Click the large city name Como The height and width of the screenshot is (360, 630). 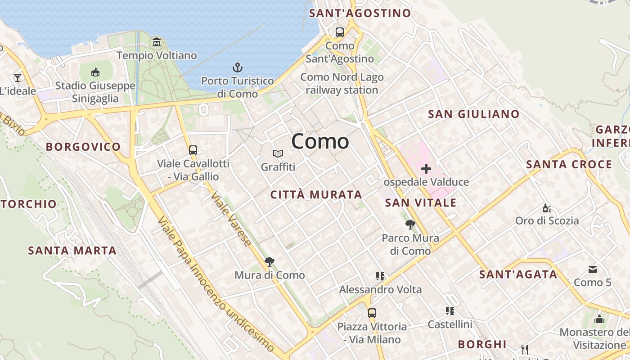pyautogui.click(x=320, y=141)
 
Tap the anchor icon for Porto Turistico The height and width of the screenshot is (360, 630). pyautogui.click(x=238, y=68)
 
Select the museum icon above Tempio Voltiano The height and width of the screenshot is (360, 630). pyautogui.click(x=157, y=42)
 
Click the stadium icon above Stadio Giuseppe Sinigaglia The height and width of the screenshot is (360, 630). pyautogui.click(x=95, y=72)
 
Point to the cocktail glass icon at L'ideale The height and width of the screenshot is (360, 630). pyautogui.click(x=18, y=78)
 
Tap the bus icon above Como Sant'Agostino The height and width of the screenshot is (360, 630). pyautogui.click(x=340, y=32)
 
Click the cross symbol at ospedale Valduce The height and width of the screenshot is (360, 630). pyautogui.click(x=426, y=169)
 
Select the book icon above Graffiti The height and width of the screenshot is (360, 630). pyautogui.click(x=278, y=154)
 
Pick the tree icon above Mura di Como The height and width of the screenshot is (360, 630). pyautogui.click(x=270, y=261)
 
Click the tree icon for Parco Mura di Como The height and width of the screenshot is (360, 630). pyautogui.click(x=410, y=224)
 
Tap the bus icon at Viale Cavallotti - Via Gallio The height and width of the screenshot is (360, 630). pyautogui.click(x=193, y=150)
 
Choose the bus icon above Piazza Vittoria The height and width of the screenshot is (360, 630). pyautogui.click(x=372, y=313)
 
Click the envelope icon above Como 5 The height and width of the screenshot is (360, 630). pyautogui.click(x=593, y=270)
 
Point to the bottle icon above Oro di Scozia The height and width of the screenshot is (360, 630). pyautogui.click(x=547, y=208)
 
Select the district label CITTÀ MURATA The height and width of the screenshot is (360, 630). pyautogui.click(x=316, y=195)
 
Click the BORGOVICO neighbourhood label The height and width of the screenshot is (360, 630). pyautogui.click(x=83, y=147)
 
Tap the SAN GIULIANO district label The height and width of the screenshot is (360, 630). pyautogui.click(x=474, y=114)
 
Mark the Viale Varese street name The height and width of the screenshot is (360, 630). pyautogui.click(x=231, y=219)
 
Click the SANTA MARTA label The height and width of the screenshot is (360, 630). pyautogui.click(x=72, y=251)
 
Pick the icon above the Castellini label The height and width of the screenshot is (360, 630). pyautogui.click(x=450, y=311)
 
